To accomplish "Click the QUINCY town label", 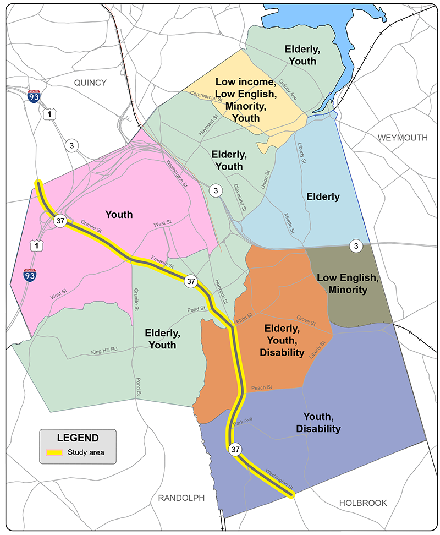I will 91,83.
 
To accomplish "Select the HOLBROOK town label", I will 363,503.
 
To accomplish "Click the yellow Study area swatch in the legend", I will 54,453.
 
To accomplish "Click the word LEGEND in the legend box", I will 78,438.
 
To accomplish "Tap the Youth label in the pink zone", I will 119,214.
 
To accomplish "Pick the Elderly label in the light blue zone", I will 323,196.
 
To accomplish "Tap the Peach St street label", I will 262,388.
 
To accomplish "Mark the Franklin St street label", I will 163,263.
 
